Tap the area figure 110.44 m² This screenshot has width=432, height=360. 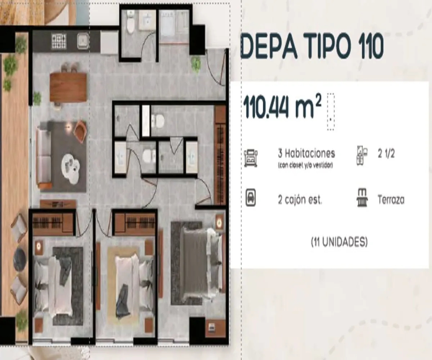coord(283,107)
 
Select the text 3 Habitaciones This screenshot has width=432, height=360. coord(306,153)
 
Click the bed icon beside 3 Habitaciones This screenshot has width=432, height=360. coord(251,158)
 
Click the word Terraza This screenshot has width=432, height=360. coord(391,199)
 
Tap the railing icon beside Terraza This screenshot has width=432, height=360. coord(362,199)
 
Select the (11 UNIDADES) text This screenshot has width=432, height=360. coord(339,243)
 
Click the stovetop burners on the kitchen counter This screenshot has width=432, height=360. coord(59,41)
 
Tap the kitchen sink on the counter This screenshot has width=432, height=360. coord(83,41)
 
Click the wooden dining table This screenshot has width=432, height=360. coord(68,87)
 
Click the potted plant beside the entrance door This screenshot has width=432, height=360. coord(196,64)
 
